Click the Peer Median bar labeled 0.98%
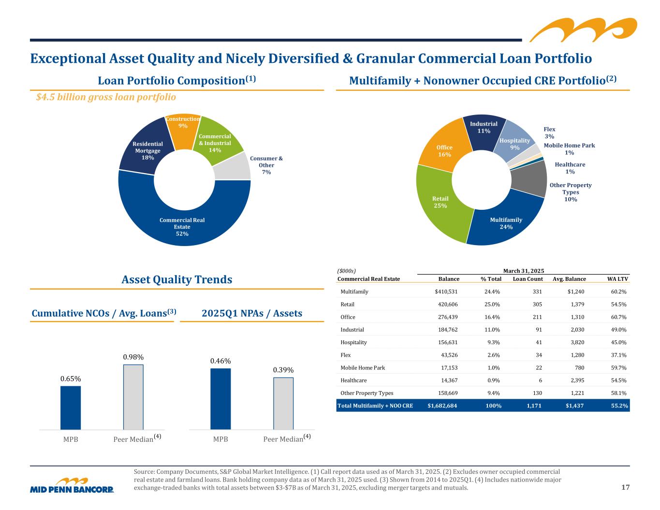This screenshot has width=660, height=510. pyautogui.click(x=133, y=397)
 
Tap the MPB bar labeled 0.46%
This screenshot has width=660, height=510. pyautogui.click(x=220, y=399)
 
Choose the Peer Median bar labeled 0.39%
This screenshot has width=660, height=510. pyautogui.click(x=283, y=403)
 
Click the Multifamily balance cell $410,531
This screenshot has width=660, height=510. pyautogui.click(x=446, y=292)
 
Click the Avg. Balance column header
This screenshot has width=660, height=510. pyautogui.click(x=569, y=279)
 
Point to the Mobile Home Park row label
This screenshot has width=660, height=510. pyautogui.click(x=363, y=368)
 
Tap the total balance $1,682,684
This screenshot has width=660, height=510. pyautogui.click(x=442, y=406)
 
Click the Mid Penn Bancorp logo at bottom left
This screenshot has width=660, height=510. pyautogui.click(x=72, y=485)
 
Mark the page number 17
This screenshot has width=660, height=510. pyautogui.click(x=625, y=487)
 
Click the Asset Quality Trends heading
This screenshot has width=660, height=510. pyautogui.click(x=176, y=279)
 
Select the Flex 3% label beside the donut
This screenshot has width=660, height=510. pyautogui.click(x=549, y=133)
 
